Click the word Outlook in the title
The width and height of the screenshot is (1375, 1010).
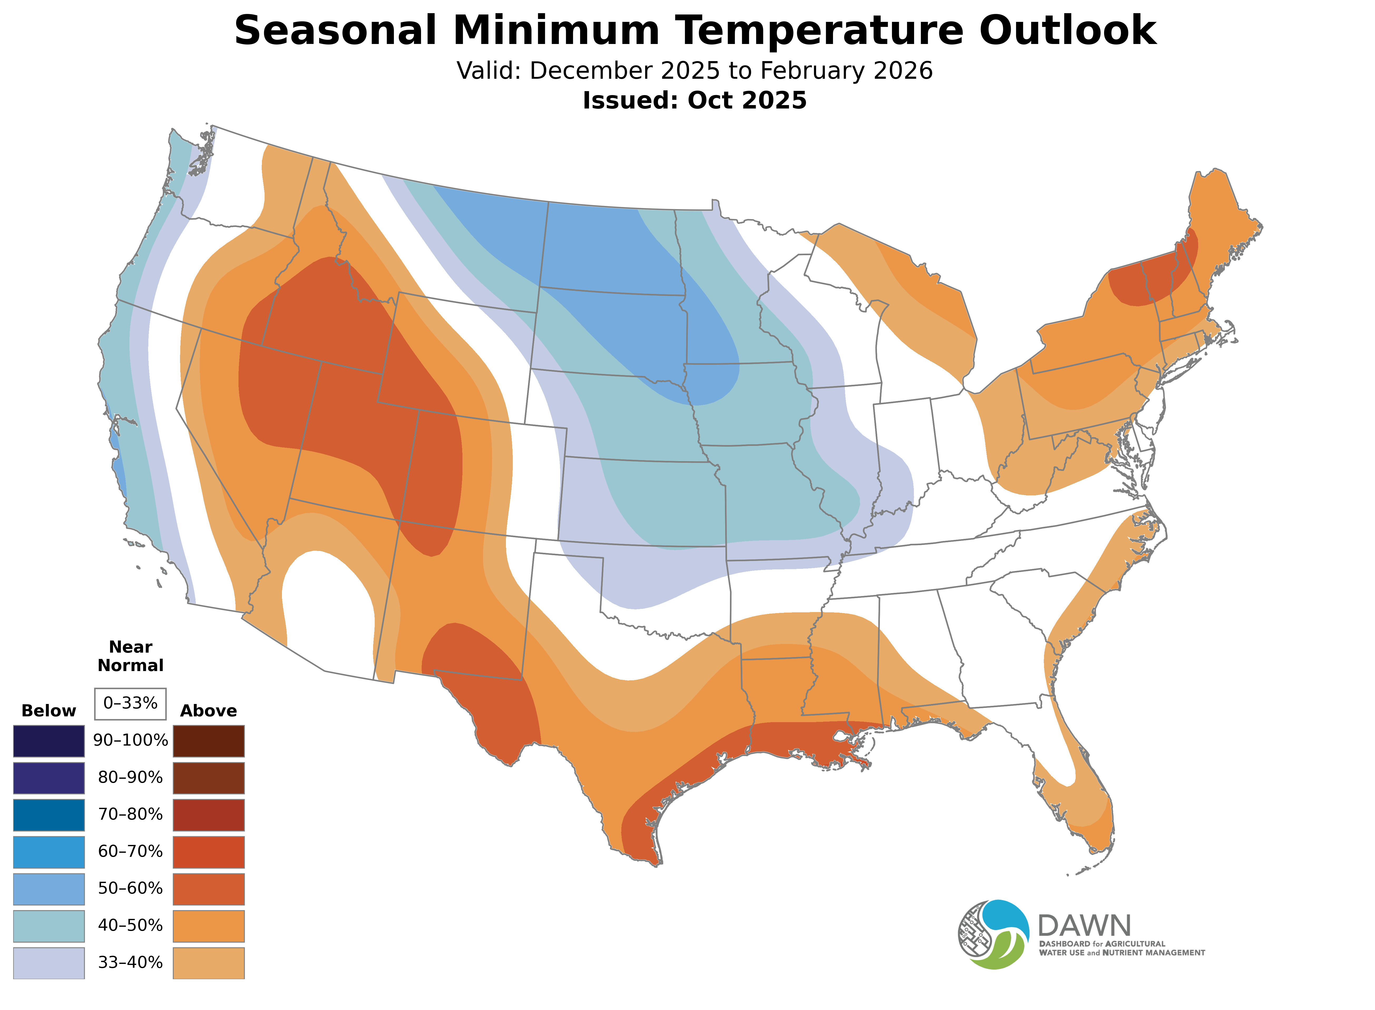pos(1067,31)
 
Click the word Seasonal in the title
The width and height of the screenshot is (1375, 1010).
pos(335,31)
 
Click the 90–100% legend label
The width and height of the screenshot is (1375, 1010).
pos(130,740)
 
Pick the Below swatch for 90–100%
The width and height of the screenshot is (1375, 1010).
pos(49,741)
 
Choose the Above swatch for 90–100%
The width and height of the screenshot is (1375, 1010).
pos(209,741)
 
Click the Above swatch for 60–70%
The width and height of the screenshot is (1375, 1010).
pos(209,852)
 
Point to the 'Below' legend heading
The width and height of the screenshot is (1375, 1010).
pos(49,711)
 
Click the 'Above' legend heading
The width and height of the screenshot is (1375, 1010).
pos(209,711)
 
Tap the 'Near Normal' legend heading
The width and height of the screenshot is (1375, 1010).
pos(130,656)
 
